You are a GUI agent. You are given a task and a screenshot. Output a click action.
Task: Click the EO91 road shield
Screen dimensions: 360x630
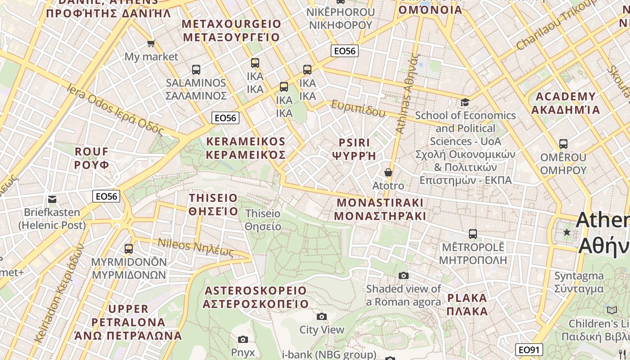click(x=529, y=350)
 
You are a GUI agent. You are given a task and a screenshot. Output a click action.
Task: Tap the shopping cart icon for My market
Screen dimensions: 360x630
click(x=151, y=44)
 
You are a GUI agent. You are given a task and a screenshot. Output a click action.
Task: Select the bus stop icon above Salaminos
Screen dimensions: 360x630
click(x=196, y=70)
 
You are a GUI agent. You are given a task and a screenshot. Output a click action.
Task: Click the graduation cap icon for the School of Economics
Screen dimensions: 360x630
click(x=465, y=103)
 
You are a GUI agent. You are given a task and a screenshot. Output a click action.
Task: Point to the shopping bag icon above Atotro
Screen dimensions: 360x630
click(x=388, y=172)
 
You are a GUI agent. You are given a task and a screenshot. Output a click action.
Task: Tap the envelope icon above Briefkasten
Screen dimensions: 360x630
click(x=52, y=199)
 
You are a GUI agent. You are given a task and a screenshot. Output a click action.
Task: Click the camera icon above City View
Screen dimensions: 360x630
click(x=321, y=316)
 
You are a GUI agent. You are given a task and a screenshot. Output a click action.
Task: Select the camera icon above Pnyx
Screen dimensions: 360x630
click(x=243, y=339)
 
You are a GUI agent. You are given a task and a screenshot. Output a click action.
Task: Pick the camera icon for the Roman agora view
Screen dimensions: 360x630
click(x=404, y=275)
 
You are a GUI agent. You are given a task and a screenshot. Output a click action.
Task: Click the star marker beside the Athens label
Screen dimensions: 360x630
click(x=567, y=232)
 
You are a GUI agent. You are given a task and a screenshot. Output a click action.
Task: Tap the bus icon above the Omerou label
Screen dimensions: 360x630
click(x=563, y=144)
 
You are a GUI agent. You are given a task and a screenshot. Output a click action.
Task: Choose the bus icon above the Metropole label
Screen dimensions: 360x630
click(x=472, y=234)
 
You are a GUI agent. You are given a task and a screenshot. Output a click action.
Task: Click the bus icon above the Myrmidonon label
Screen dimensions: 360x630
click(x=129, y=248)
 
